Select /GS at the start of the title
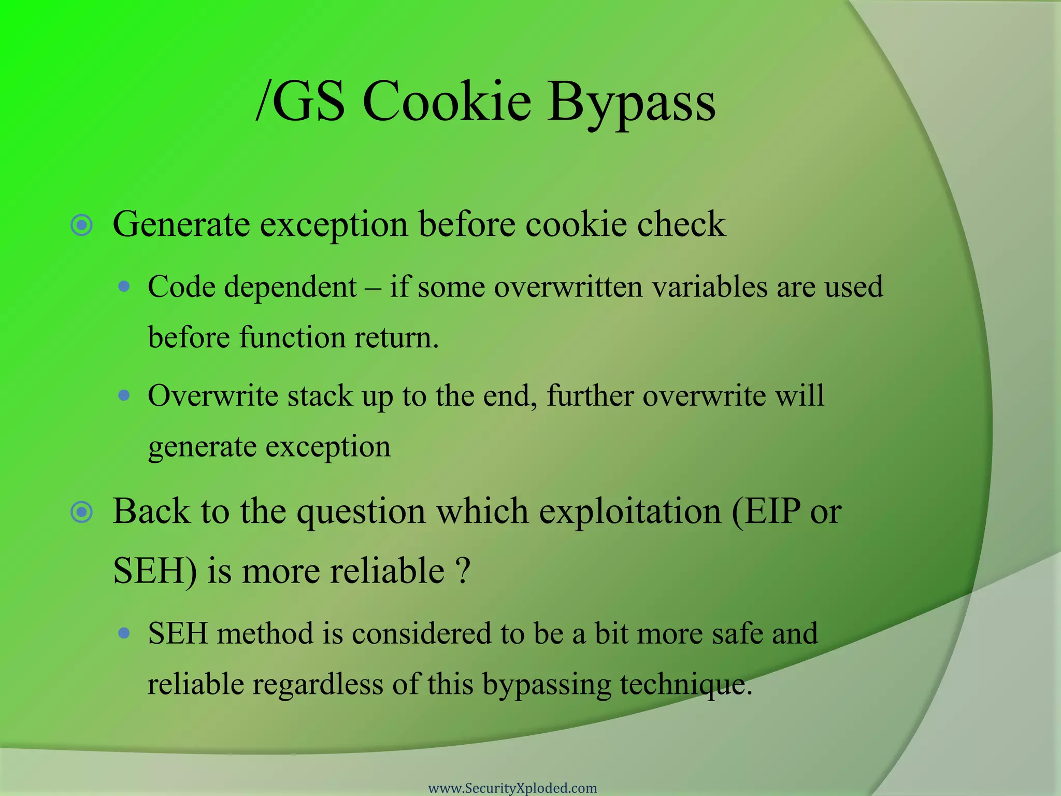click(300, 102)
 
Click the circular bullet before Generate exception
click(82, 225)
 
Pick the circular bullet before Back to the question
click(82, 513)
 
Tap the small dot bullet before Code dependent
click(124, 286)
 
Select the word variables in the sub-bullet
click(709, 287)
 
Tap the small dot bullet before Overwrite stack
click(124, 396)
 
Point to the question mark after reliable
click(464, 571)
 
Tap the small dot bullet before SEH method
click(124, 633)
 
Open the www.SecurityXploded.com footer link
click(512, 788)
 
